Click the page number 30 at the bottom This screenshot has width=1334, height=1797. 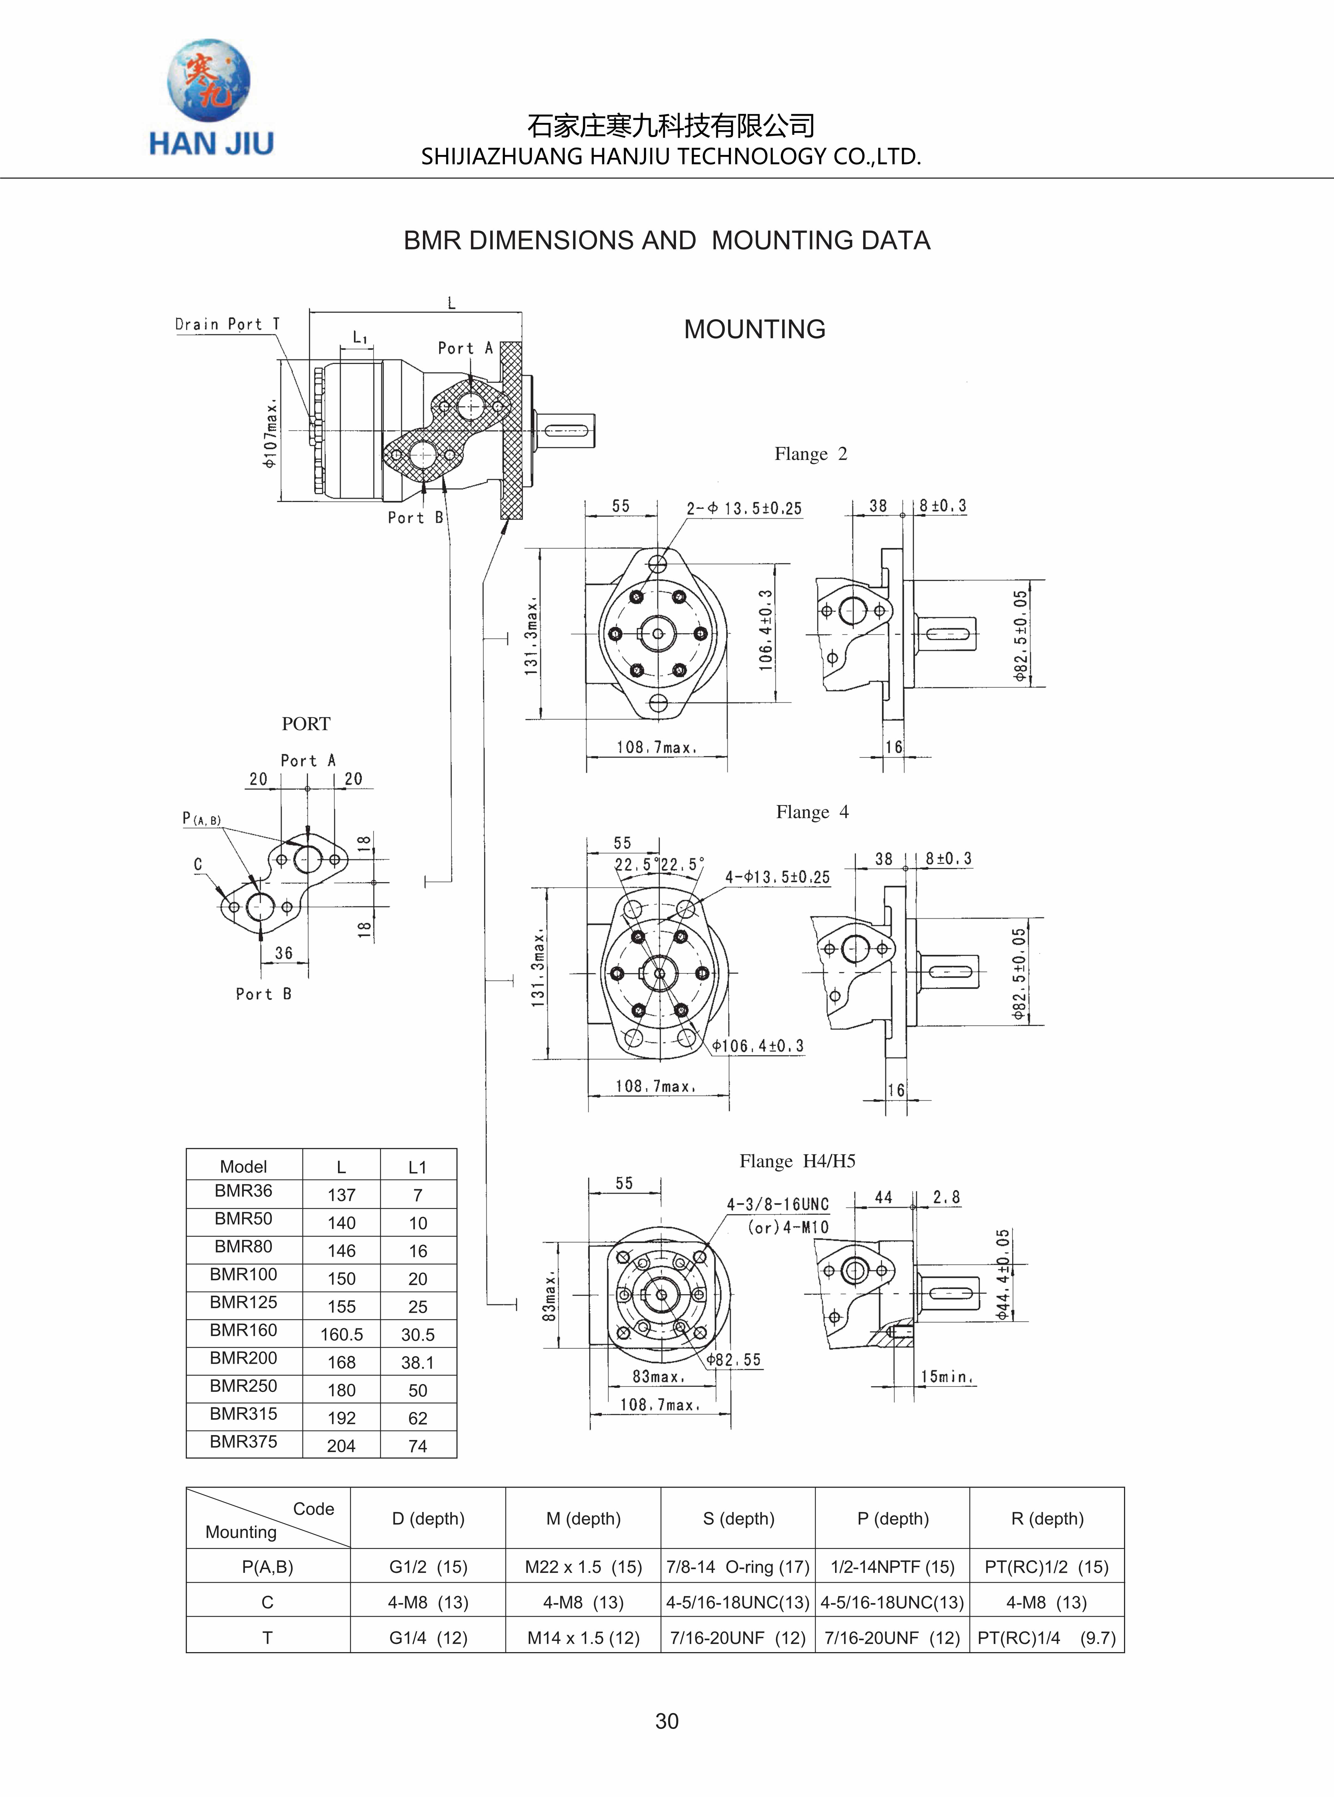[667, 1721]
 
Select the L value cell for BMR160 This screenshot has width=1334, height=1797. [342, 1334]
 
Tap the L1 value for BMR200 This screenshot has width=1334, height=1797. [418, 1363]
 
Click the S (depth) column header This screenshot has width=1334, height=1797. [738, 1518]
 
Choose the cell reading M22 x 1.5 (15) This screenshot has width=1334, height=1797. [583, 1567]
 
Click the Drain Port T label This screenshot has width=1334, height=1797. [227, 325]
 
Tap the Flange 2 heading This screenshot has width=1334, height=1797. [811, 454]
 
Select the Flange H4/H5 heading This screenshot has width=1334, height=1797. [797, 1161]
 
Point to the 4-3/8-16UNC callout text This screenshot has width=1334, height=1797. [778, 1204]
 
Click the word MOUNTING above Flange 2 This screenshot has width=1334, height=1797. [754, 329]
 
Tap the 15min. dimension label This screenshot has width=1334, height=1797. [947, 1376]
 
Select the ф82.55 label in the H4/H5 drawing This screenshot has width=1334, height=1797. [733, 1359]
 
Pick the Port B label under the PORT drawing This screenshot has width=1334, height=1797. [263, 994]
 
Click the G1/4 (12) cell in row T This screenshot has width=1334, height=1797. [428, 1638]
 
